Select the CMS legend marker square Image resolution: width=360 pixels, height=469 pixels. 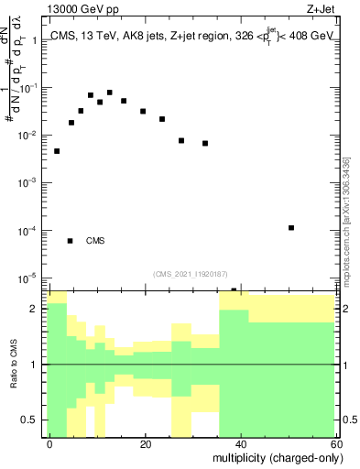[70, 241]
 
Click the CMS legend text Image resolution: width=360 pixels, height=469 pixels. [95, 242]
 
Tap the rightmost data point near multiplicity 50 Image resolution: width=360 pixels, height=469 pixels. [290, 227]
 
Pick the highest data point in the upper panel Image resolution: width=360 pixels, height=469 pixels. [109, 93]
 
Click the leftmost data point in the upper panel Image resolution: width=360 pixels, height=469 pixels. [57, 151]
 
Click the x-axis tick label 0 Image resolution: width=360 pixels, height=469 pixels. [50, 443]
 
